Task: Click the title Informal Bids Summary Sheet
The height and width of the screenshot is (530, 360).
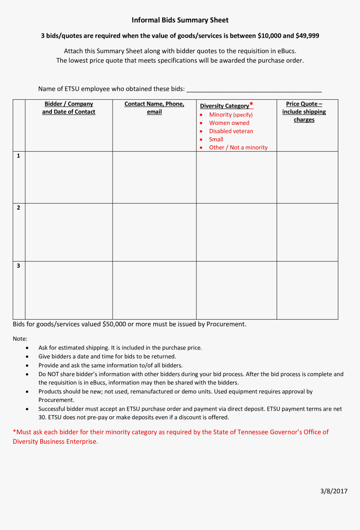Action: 180,20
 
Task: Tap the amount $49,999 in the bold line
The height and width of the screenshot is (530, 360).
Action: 307,36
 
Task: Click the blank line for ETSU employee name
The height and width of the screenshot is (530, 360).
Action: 254,89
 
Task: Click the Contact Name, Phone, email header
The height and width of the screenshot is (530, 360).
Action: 154,108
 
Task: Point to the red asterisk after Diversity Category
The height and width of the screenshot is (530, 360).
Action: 251,105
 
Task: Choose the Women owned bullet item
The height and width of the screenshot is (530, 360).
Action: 229,123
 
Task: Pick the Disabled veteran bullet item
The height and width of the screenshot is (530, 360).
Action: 231,131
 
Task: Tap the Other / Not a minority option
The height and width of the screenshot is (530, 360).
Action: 238,147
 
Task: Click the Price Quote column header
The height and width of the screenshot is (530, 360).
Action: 304,112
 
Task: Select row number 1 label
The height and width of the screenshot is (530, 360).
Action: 18,156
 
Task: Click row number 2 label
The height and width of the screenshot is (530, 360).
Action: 18,208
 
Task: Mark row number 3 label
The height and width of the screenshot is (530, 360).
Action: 18,266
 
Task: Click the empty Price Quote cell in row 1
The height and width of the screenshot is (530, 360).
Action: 307,177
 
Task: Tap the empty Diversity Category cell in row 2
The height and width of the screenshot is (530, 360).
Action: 237,232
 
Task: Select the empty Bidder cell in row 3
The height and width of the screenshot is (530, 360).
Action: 69,290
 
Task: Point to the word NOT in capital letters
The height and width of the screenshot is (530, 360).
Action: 53,374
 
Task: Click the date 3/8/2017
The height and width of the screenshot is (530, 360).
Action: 334,491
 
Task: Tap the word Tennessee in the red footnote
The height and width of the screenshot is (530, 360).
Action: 253,432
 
